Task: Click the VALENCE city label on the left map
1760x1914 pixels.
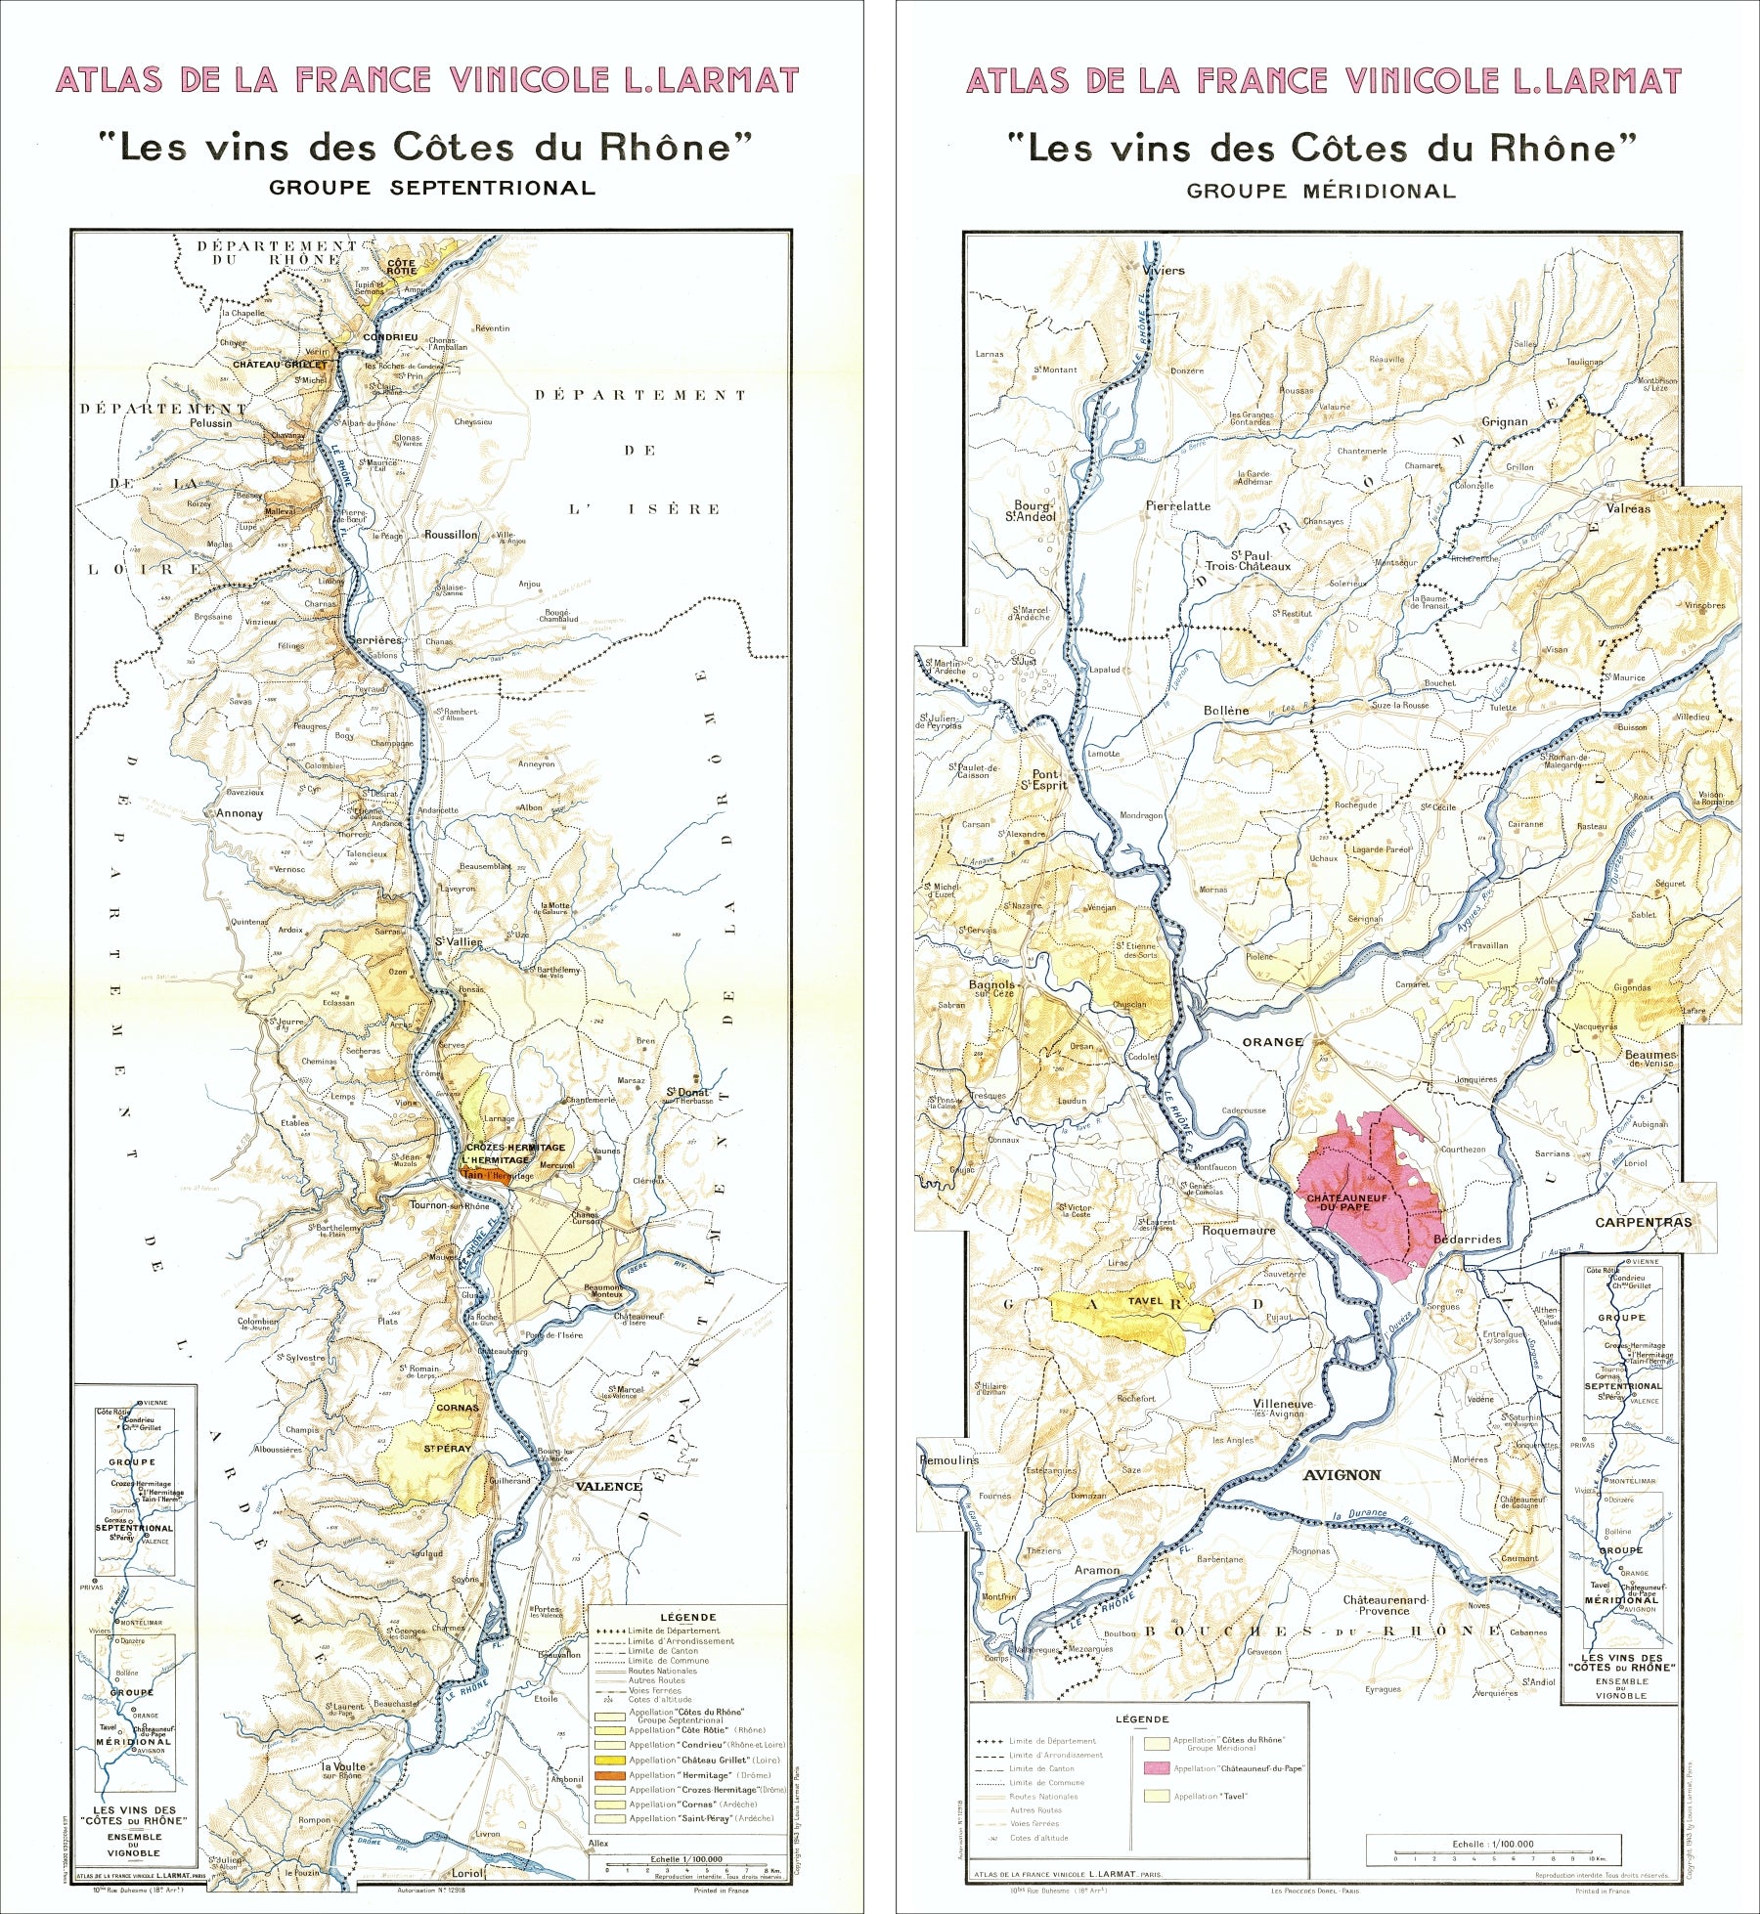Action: click(608, 1487)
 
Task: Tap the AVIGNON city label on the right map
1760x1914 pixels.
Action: click(1342, 1474)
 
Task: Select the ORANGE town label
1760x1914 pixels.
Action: click(1272, 1042)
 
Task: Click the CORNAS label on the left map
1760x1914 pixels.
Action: click(457, 1408)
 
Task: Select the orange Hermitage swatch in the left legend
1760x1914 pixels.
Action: click(610, 1774)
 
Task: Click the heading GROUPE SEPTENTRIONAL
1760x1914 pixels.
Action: click(432, 188)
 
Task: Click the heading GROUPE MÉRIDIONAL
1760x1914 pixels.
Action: click(1321, 192)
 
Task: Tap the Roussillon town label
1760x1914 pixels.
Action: click(451, 535)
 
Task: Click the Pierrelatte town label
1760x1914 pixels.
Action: click(1177, 506)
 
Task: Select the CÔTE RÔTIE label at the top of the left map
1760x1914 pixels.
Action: click(402, 266)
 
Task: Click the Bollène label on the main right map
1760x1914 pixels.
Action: click(1226, 711)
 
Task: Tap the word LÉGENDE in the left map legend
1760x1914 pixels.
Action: click(687, 1618)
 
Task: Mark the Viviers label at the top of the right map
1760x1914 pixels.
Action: click(1163, 271)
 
